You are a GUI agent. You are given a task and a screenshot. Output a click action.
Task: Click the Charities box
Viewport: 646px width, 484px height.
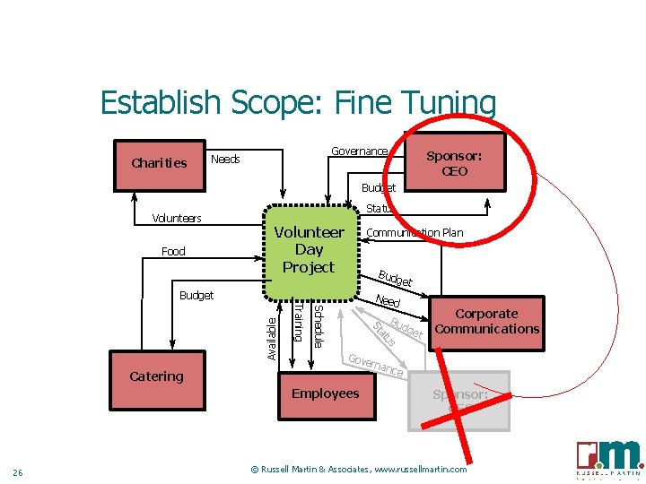pos(159,162)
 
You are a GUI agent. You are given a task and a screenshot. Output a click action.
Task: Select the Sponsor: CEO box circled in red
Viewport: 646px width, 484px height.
pos(454,162)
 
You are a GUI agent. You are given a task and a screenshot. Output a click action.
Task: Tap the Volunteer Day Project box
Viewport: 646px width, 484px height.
pos(308,249)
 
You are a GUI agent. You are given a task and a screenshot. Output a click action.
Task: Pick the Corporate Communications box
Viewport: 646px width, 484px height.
pos(486,322)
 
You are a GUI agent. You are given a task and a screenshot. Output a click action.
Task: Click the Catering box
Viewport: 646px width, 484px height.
pos(156,376)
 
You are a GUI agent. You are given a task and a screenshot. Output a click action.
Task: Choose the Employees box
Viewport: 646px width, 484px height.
pos(325,394)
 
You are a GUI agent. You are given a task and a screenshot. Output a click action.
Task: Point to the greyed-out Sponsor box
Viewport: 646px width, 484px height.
pos(459,400)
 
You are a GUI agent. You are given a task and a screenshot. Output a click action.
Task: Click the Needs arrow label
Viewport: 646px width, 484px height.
pos(225,160)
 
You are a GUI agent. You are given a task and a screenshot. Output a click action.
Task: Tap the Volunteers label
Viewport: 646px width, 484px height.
pos(177,218)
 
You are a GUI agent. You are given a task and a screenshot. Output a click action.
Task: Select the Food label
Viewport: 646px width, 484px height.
pos(173,251)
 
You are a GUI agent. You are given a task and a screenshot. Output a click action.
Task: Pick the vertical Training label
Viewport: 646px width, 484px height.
pos(297,323)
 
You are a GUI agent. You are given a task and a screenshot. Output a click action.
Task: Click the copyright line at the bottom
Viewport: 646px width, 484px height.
pos(358,470)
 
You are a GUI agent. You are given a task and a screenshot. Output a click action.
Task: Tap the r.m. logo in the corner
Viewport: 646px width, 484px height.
pos(609,458)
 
